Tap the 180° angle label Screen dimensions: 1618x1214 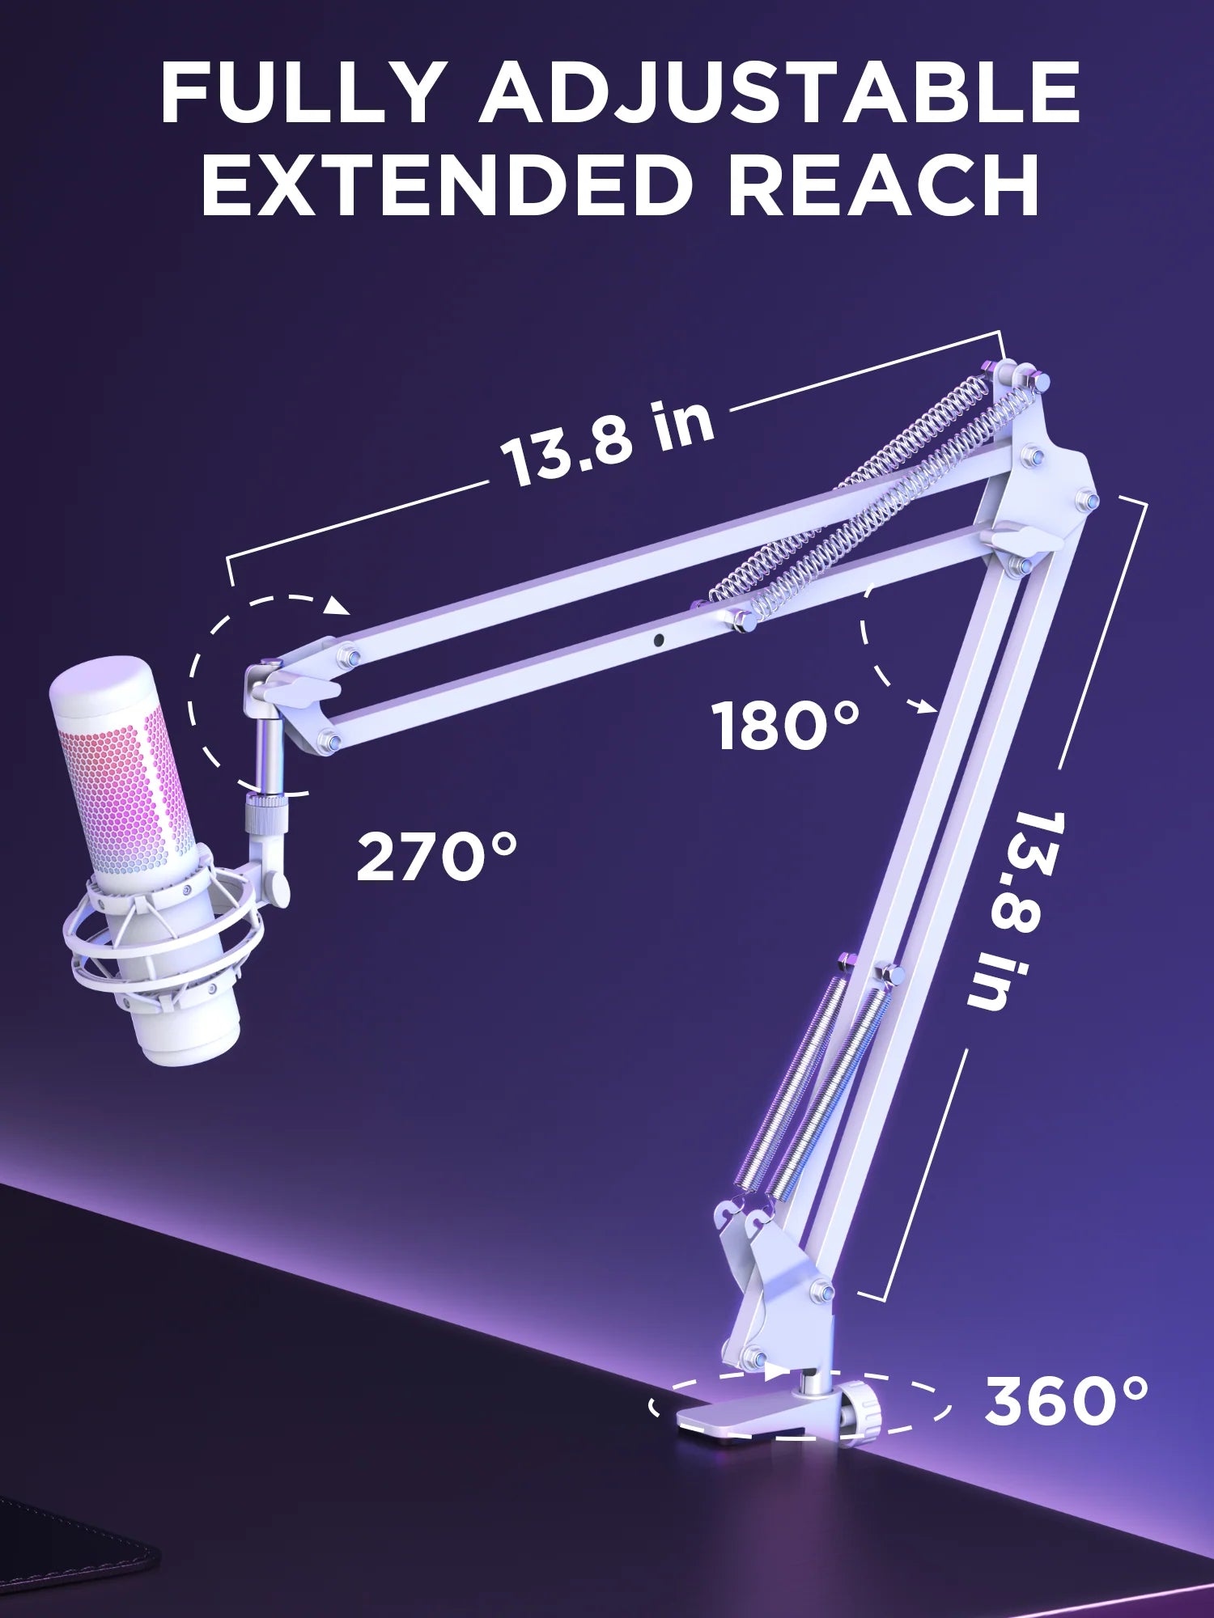pos(785,726)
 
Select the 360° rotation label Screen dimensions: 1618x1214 pos(1066,1402)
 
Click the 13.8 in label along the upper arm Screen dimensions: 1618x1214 pos(607,443)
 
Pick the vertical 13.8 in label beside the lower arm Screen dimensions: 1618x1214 pos(1008,910)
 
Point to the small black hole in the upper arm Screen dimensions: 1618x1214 pos(659,640)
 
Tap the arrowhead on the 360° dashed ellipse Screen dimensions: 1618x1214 pos(775,1370)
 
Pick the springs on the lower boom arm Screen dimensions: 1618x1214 pos(817,1084)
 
